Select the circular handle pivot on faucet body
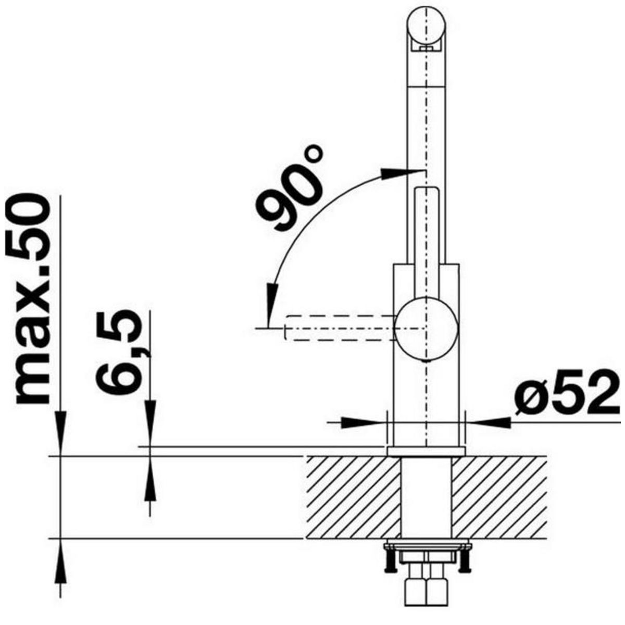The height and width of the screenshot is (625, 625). (x=427, y=329)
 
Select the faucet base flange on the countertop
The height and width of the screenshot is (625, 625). (x=426, y=451)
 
